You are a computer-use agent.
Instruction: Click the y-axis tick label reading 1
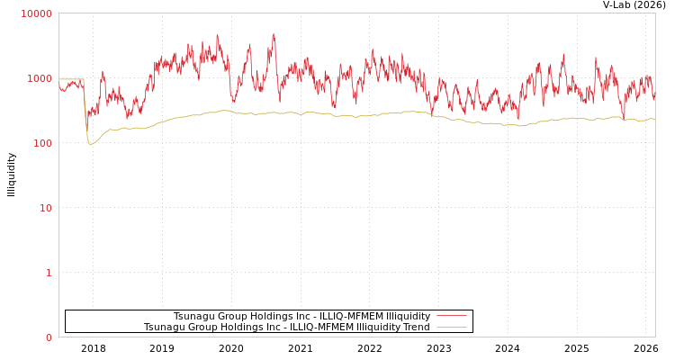(x=49, y=273)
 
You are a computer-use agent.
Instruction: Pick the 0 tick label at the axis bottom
(x=49, y=337)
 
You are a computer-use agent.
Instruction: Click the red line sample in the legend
(x=451, y=316)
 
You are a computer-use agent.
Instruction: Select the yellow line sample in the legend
(x=451, y=327)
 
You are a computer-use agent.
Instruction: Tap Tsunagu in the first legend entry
(x=194, y=316)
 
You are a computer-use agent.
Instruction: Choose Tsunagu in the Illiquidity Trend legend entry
(x=165, y=327)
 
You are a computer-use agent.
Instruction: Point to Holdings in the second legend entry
(x=237, y=327)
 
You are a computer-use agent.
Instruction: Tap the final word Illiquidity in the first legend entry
(x=408, y=316)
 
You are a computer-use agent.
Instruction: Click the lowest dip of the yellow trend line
(x=90, y=144)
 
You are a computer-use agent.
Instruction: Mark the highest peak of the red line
(x=274, y=34)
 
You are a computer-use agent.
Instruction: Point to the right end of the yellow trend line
(x=654, y=119)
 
